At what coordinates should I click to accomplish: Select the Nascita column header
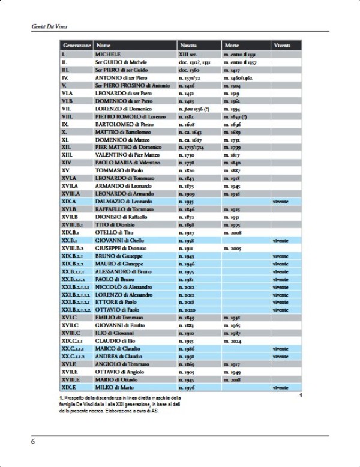[x=188, y=46]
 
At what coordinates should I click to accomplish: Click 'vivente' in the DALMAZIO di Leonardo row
[x=280, y=202]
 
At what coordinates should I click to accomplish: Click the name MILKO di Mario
[x=115, y=387]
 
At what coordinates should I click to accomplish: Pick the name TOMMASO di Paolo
[x=118, y=170]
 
